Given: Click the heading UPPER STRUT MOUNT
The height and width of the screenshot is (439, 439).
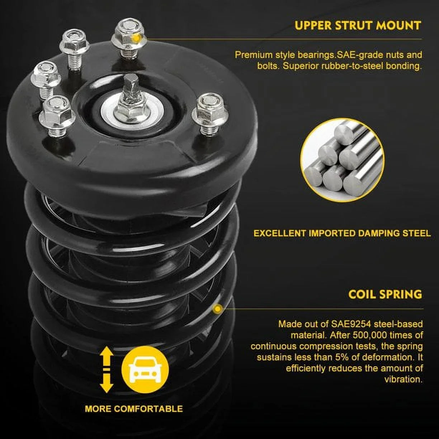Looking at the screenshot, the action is (358, 25).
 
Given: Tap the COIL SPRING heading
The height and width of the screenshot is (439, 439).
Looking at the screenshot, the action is (385, 294).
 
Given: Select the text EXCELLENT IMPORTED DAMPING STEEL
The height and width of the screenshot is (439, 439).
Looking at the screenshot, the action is (342, 233).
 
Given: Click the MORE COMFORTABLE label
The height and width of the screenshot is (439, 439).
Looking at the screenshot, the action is (134, 415).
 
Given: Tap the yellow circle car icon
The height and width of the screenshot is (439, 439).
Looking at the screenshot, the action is (145, 369).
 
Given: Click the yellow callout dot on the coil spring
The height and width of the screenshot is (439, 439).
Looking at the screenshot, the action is (218, 309).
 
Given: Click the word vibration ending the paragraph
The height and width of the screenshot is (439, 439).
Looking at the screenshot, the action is (403, 379).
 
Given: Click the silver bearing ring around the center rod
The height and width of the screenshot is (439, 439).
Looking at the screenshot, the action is (132, 112).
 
